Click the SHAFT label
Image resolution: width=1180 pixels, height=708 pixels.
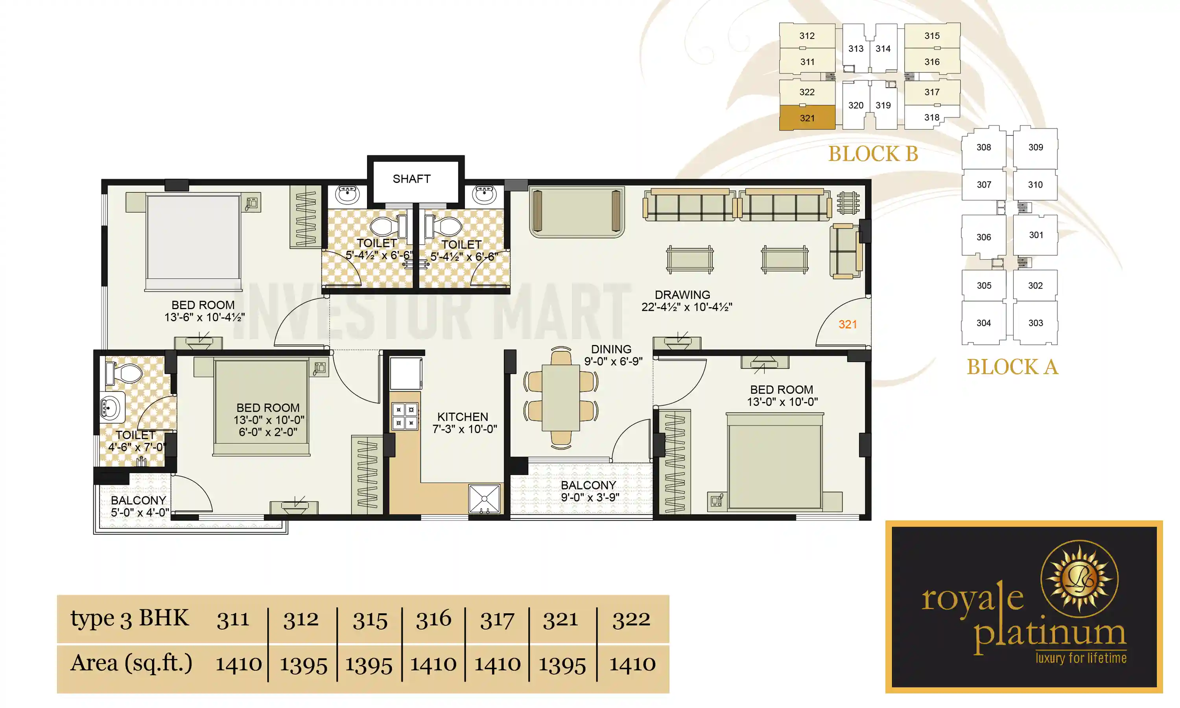[x=411, y=179]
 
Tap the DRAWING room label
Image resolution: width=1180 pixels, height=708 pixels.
[x=682, y=295]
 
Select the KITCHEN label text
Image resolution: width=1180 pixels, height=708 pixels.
[x=462, y=417]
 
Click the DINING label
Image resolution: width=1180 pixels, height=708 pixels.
[x=611, y=349]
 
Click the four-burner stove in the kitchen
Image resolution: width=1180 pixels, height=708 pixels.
[x=404, y=416]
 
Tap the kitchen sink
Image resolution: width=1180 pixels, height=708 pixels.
[x=484, y=499]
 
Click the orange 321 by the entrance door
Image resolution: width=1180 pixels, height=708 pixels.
[x=848, y=324]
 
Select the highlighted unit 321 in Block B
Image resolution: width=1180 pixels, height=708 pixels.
[x=807, y=118]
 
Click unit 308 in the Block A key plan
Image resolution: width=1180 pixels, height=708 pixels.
[x=983, y=147]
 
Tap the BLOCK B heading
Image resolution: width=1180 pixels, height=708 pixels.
[x=873, y=154]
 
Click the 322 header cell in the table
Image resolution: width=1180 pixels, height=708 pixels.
[x=631, y=619]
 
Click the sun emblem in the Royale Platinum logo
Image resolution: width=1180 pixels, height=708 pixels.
[x=1079, y=579]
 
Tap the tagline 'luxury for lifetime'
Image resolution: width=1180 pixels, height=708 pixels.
[x=1081, y=658]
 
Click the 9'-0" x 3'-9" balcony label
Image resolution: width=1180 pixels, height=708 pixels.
[x=590, y=497]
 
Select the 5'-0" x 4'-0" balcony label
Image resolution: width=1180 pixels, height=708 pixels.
[x=139, y=513]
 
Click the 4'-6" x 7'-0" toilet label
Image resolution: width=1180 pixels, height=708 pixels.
[x=136, y=447]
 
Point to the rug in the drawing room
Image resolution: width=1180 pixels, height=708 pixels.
[x=577, y=211]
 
